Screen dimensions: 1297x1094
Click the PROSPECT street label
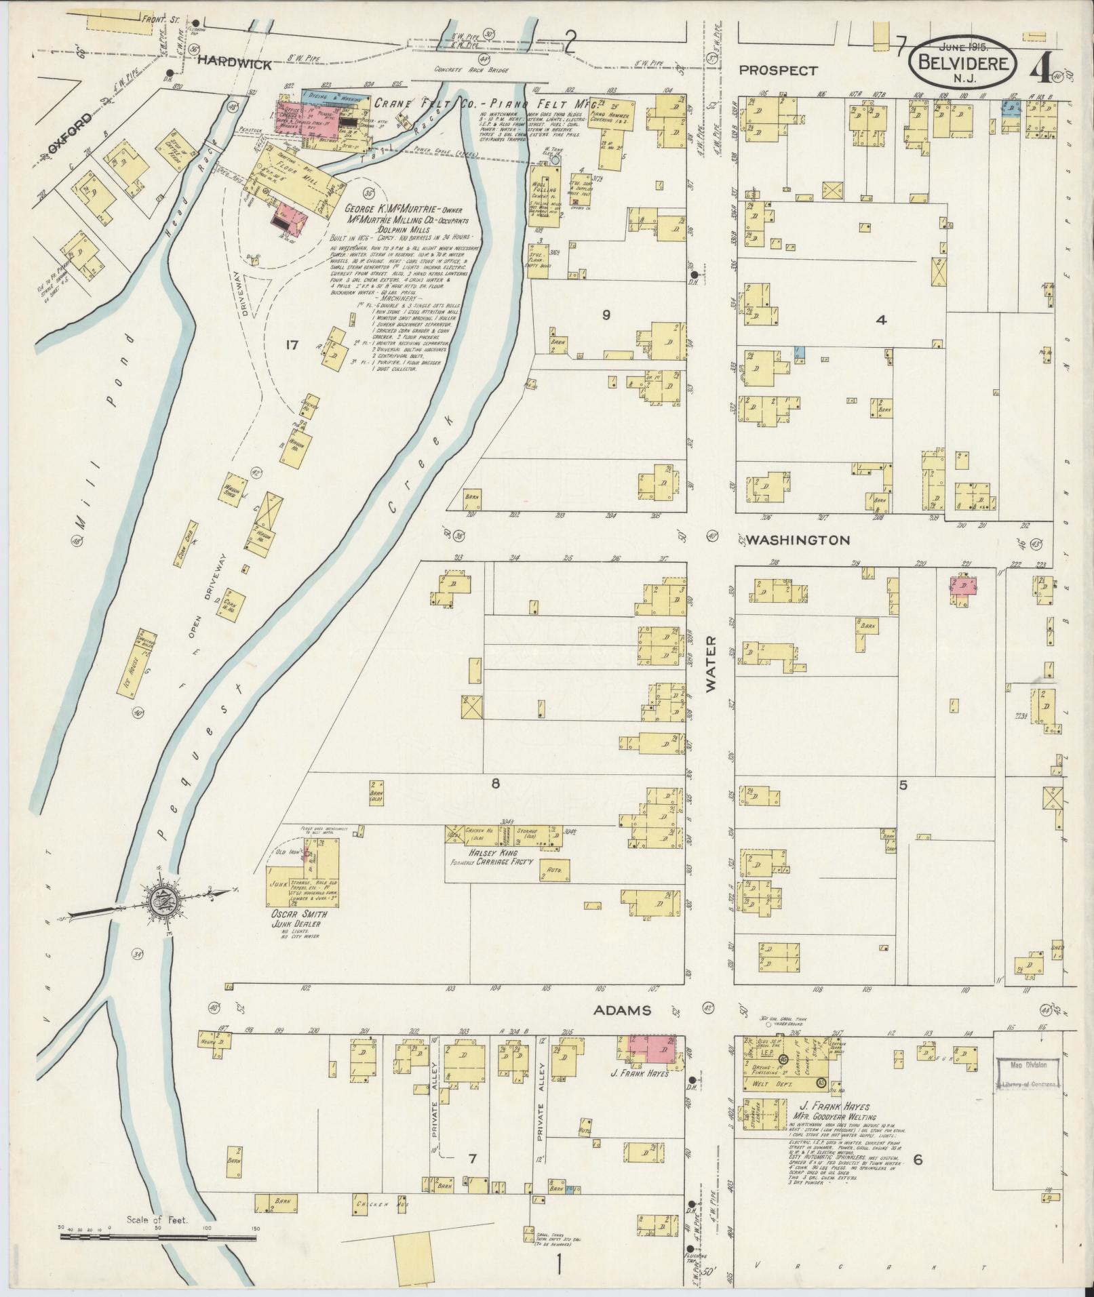779,70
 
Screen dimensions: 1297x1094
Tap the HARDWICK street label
235,65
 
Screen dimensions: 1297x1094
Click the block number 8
496,783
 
